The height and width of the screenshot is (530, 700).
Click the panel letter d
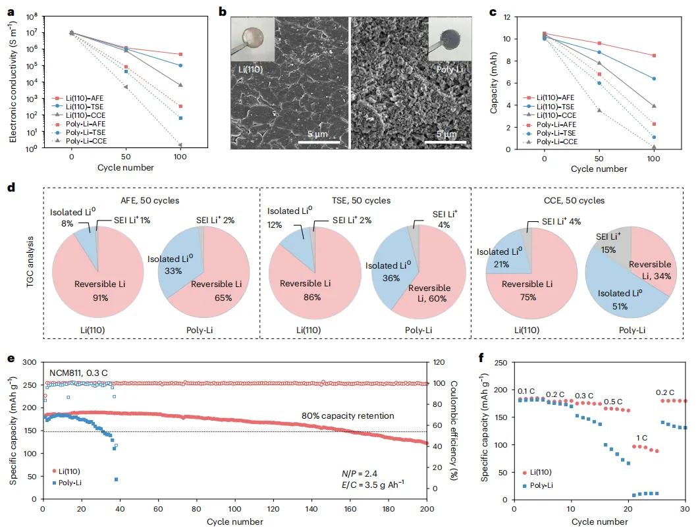(x=11, y=187)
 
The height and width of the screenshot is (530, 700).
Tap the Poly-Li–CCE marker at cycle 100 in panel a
(x=180, y=145)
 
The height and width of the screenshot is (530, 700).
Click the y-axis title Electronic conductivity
(x=13, y=81)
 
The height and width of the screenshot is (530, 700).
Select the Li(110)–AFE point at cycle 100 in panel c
(x=653, y=55)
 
